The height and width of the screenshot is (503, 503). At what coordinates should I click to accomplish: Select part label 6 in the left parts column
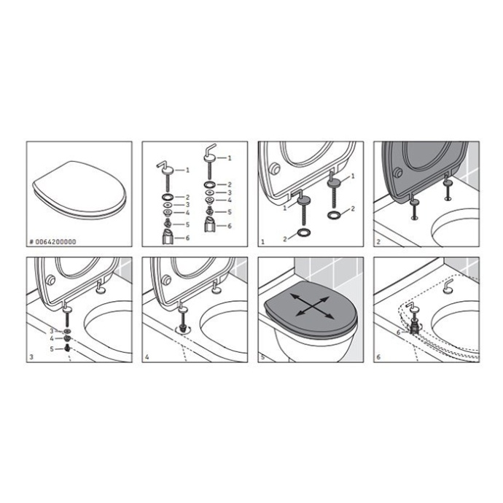[187, 238]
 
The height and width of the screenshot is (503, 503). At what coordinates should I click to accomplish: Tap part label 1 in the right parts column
[231, 157]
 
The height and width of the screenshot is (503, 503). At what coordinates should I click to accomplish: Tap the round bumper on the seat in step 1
[275, 169]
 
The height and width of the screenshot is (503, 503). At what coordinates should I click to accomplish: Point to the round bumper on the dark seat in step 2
[398, 173]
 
